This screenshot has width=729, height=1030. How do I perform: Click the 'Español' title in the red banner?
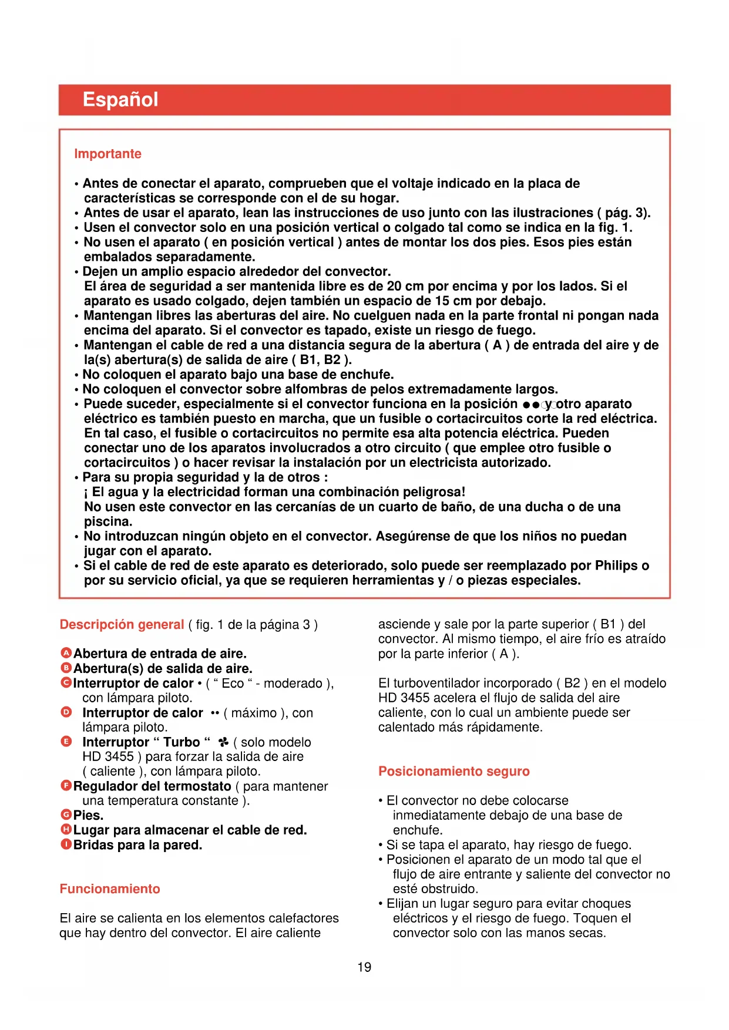[x=120, y=99]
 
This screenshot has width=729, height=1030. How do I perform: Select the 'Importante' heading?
[x=107, y=154]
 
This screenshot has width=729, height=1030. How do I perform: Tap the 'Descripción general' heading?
[x=122, y=624]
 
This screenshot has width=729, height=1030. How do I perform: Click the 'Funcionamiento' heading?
[x=110, y=888]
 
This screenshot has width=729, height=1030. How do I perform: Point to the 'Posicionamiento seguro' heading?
[x=453, y=771]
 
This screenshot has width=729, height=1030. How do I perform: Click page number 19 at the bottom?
[x=364, y=967]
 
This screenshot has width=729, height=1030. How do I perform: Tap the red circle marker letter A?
[x=66, y=653]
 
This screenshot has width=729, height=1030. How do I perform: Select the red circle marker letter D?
[x=66, y=712]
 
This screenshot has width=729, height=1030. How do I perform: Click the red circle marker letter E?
[x=66, y=741]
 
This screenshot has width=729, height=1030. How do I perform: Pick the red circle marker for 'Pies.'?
[x=66, y=814]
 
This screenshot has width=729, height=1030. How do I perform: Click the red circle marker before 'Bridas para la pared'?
[x=66, y=844]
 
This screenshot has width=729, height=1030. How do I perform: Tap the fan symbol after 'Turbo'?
[x=223, y=742]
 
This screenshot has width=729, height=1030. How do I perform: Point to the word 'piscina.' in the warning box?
[x=108, y=521]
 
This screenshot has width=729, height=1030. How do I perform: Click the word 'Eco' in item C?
[x=233, y=684]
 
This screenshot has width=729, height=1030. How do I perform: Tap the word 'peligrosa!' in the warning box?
[x=434, y=492]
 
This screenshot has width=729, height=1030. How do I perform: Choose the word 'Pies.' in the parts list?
[x=88, y=815]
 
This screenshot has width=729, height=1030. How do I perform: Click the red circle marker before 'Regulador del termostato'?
[x=66, y=785]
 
